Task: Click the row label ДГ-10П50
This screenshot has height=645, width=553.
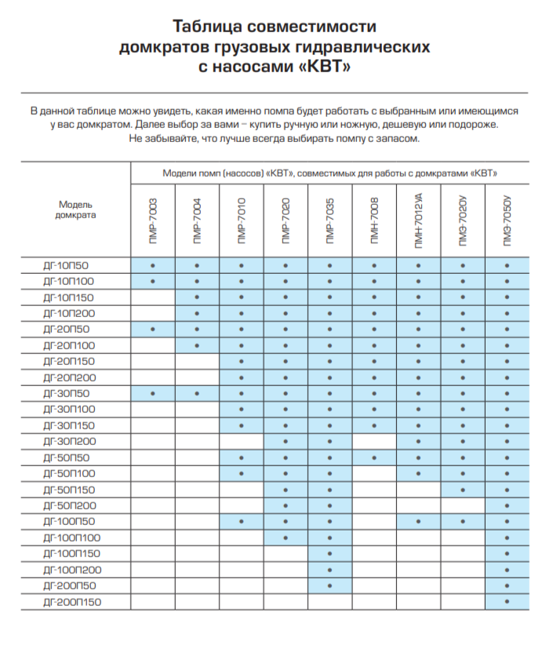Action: click(x=67, y=265)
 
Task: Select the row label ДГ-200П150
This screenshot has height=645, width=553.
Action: click(x=72, y=602)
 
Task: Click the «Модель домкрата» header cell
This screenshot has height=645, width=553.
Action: click(x=76, y=210)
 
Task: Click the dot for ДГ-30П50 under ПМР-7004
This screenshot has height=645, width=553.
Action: click(x=197, y=393)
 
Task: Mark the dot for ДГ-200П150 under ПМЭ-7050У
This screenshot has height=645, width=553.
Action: click(x=508, y=602)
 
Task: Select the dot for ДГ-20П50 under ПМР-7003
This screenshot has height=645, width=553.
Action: click(x=153, y=329)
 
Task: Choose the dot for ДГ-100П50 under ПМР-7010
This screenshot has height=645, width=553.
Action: click(x=242, y=521)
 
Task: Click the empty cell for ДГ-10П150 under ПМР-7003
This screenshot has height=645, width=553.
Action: click(x=153, y=297)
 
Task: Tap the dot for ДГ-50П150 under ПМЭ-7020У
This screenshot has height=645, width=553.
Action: click(x=463, y=490)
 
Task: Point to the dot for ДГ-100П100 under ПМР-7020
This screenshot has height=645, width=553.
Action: click(x=286, y=537)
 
